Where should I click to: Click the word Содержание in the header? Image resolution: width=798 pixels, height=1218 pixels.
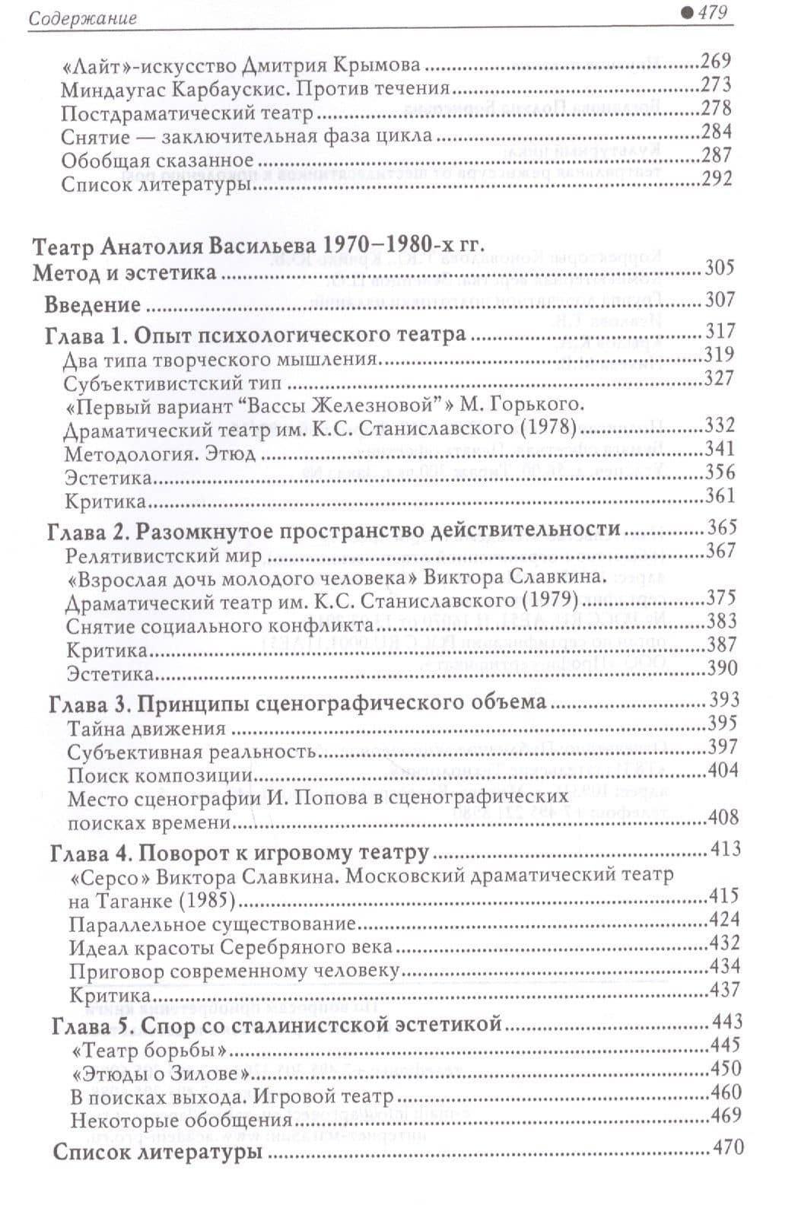[81, 17]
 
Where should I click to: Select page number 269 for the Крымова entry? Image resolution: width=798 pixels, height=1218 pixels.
[716, 61]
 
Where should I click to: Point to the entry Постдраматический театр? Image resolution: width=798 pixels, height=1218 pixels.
[187, 113]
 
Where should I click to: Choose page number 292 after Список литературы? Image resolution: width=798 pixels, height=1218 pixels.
[717, 179]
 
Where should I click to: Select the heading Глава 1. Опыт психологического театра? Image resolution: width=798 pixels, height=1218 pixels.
[256, 335]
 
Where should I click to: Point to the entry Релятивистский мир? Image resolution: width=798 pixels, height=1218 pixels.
[164, 555]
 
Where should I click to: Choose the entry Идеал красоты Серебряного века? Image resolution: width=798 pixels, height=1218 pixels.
[230, 948]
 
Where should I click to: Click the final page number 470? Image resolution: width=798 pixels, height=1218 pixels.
[726, 1147]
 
